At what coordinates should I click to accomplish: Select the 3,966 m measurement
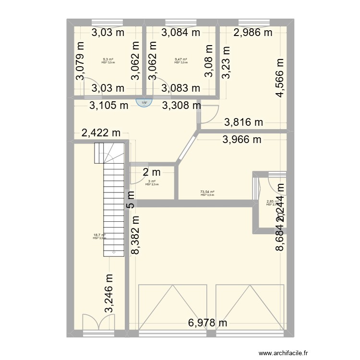coord(241,140)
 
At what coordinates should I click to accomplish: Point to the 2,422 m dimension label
coord(101,133)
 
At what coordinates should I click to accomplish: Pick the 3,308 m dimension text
coord(181,105)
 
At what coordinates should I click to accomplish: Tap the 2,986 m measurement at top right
coord(252,33)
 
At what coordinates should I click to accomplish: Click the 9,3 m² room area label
coord(108,60)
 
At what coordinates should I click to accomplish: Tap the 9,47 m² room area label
coord(181,60)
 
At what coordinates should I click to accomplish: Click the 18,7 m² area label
coord(99,235)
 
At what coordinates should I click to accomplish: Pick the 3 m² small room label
coord(152,181)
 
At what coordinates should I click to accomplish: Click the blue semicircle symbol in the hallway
coord(143,103)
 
